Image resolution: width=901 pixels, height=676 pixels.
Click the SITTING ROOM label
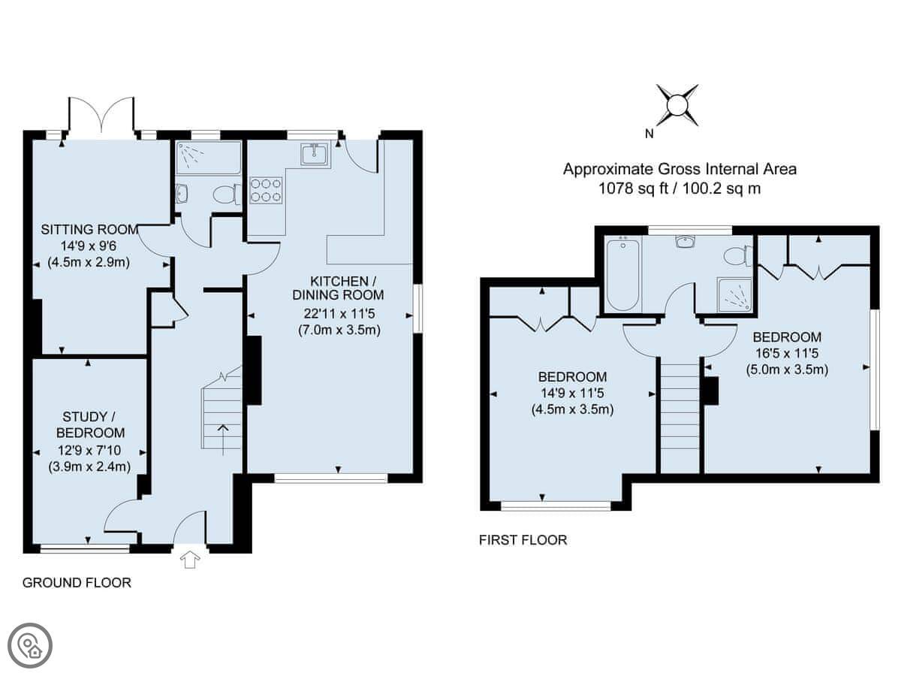point(89,229)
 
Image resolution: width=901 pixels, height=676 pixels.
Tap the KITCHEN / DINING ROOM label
point(338,288)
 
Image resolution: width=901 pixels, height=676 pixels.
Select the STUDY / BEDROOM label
point(90,425)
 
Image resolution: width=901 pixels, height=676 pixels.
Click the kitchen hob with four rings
point(266,190)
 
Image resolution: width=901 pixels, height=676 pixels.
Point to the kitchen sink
point(315,154)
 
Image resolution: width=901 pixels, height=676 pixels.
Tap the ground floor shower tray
point(208,158)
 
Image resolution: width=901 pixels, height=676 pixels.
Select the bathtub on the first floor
point(622,275)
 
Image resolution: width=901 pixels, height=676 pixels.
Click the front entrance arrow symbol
point(190,560)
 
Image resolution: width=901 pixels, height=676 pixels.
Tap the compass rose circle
point(677,105)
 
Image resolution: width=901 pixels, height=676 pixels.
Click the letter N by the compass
point(649,134)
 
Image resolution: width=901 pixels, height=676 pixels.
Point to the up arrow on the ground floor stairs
point(223,440)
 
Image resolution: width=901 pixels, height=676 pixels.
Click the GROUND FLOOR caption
point(77,583)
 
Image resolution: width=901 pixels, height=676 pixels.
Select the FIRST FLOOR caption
point(523,540)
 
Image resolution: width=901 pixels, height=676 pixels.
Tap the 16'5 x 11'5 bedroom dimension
point(788,353)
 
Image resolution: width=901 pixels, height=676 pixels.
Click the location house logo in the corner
point(30,646)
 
